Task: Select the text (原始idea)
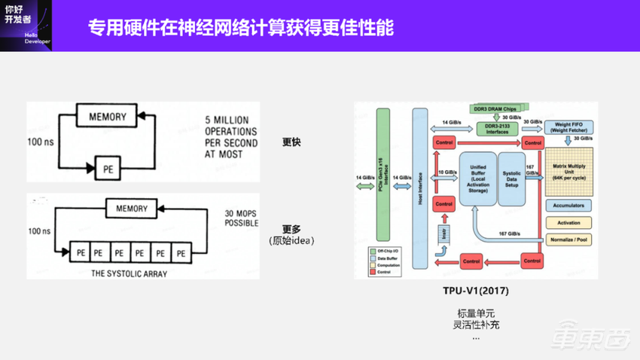click(291, 240)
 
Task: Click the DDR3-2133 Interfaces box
click(498, 129)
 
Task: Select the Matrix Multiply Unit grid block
click(568, 171)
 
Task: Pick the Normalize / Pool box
click(568, 239)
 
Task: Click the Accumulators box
click(568, 206)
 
